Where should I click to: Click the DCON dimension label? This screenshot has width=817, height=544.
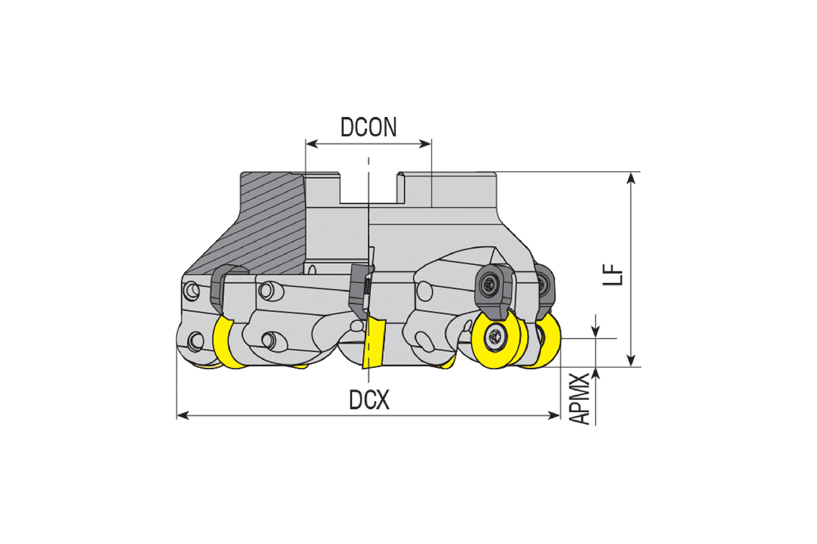tap(368, 127)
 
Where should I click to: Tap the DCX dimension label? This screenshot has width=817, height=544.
tap(369, 400)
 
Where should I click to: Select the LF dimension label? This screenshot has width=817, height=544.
tap(613, 274)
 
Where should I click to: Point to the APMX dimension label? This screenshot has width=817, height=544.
tap(579, 398)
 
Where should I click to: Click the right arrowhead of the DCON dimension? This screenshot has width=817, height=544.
tap(426, 144)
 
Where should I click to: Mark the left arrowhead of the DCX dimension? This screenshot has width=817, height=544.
tap(182, 415)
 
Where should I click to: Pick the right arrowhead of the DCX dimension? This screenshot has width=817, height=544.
tap(554, 415)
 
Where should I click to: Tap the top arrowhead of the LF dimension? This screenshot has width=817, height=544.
tap(631, 178)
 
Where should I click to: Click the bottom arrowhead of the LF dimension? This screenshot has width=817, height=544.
tap(631, 360)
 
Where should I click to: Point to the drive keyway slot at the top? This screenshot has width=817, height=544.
tap(368, 188)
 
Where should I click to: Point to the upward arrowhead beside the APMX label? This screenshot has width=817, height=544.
tap(595, 374)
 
